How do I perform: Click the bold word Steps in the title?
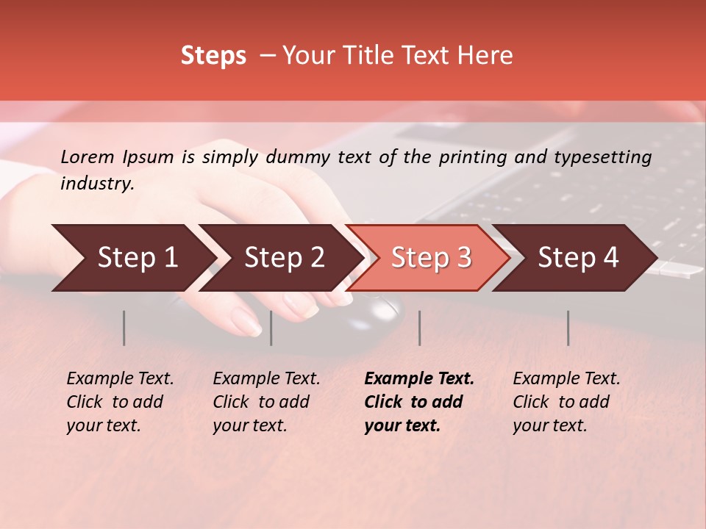pyautogui.click(x=213, y=56)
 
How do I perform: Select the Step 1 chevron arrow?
pyautogui.click(x=137, y=258)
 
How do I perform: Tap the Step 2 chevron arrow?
pyautogui.click(x=284, y=258)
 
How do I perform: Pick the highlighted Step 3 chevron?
pyautogui.click(x=431, y=258)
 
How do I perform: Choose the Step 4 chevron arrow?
pyautogui.click(x=578, y=258)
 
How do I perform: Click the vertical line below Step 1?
pyautogui.click(x=124, y=328)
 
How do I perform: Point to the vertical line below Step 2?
pyautogui.click(x=271, y=328)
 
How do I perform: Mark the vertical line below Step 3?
pyautogui.click(x=419, y=328)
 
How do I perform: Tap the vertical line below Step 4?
pyautogui.click(x=568, y=328)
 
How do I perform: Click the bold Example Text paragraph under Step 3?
pyautogui.click(x=419, y=402)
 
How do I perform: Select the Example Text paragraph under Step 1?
pyautogui.click(x=120, y=402)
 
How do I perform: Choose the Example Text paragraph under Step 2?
pyautogui.click(x=266, y=402)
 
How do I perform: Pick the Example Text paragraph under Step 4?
pyautogui.click(x=566, y=402)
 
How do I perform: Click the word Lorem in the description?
pyautogui.click(x=88, y=157)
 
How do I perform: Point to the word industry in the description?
pyautogui.click(x=96, y=184)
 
